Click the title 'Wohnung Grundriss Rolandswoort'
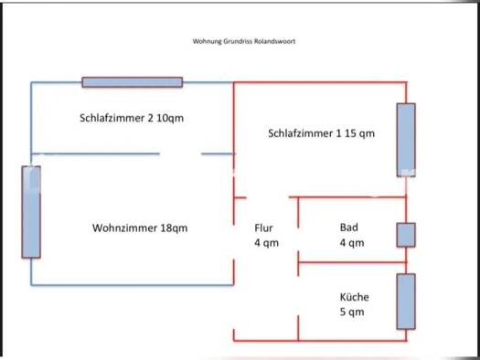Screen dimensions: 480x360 pos(244,41)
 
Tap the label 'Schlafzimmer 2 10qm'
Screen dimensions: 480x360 pos(132,118)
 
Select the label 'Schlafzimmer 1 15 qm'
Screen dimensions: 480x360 pos(322,133)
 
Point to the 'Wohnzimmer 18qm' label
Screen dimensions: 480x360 pos(140,228)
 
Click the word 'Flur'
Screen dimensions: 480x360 pos(263,228)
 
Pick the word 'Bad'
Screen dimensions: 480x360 pos(348,228)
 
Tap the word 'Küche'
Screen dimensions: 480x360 pos(354,297)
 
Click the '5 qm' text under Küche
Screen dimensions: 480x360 pos(352,312)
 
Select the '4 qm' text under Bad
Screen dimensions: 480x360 pos(352,243)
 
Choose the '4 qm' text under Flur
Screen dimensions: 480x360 pos(266,243)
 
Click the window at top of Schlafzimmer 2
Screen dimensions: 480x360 pos(133,82)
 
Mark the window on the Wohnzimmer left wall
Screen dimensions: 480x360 pos(31,212)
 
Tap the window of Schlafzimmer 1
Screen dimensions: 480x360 pos(406,140)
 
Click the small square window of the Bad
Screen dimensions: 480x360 pos(406,235)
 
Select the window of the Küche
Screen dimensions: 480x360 pos(406,302)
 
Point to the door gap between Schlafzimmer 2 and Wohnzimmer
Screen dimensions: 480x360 pos(181,154)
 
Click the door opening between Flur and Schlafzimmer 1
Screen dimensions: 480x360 pos(268,197)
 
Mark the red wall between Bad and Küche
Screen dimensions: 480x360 pos(352,262)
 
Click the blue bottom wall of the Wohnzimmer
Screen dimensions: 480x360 pos(133,285)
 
